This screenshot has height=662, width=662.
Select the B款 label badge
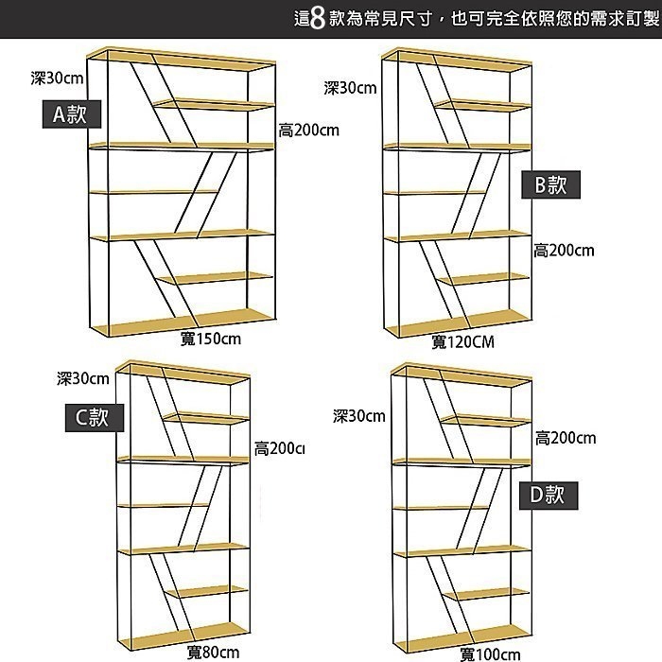[551, 184]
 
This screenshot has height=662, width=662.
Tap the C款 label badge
[94, 417]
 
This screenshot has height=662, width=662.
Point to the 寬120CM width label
[463, 341]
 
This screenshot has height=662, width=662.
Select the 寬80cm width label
[213, 652]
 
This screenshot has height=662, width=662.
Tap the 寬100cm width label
[490, 653]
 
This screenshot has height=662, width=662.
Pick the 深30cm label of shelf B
[350, 88]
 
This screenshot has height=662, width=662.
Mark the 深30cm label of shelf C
[83, 378]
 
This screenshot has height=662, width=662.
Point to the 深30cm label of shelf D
[359, 416]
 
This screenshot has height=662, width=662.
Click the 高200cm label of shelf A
[308, 130]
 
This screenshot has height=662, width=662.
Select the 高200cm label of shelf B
[564, 250]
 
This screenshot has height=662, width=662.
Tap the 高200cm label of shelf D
[566, 437]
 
